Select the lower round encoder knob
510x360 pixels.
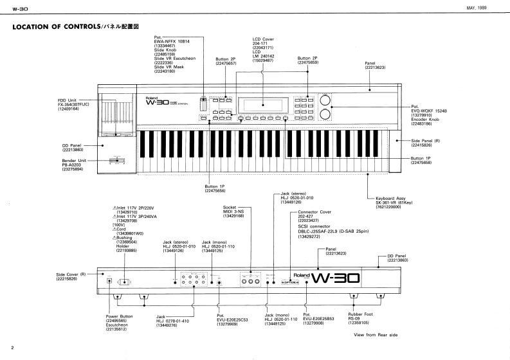click(x=326, y=115)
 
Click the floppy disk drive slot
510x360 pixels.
click(x=117, y=135)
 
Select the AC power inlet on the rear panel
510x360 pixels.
click(x=126, y=280)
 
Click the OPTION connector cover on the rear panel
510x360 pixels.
click(x=290, y=282)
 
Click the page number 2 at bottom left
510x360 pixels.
click(x=13, y=347)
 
